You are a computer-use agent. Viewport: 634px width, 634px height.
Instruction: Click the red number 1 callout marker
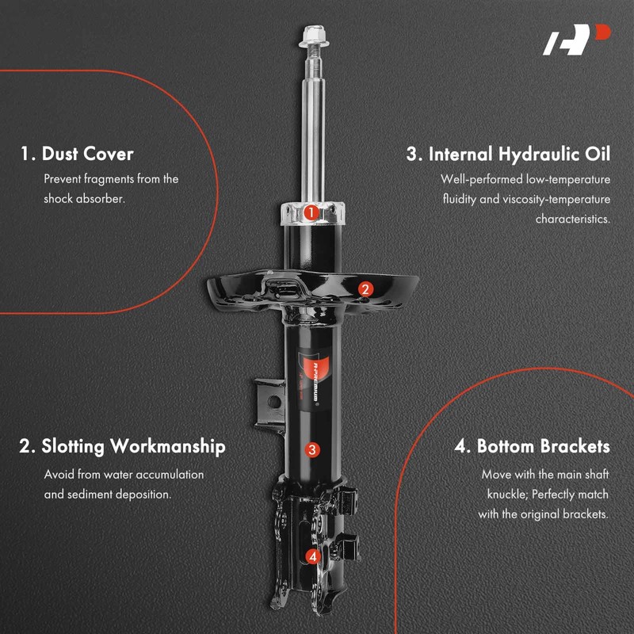click(311, 212)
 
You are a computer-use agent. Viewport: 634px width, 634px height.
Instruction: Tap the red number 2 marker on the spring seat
click(365, 289)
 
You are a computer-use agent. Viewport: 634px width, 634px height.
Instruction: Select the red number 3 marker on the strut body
click(312, 450)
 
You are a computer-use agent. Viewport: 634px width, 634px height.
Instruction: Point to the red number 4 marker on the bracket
click(313, 556)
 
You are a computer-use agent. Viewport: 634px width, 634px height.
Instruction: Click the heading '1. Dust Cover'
click(76, 153)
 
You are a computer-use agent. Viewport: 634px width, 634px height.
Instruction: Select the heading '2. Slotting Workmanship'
click(122, 446)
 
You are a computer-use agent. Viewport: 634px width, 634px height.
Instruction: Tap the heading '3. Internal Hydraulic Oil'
click(508, 154)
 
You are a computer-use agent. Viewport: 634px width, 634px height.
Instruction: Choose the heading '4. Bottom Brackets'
click(532, 446)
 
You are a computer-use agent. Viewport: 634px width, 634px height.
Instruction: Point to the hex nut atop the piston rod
click(310, 36)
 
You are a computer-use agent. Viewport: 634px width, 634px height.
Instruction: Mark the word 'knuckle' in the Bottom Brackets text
click(507, 495)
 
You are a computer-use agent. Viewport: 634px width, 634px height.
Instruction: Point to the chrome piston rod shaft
click(311, 135)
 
